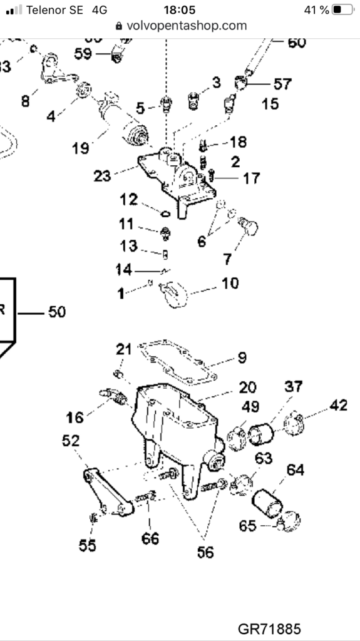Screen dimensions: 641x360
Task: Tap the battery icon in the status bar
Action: click(x=342, y=10)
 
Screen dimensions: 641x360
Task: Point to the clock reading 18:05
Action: click(x=180, y=10)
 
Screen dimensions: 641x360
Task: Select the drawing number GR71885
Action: click(x=269, y=628)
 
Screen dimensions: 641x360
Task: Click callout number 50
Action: click(x=56, y=311)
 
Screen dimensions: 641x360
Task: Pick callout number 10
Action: click(x=230, y=283)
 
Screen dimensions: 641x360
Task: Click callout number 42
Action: click(x=339, y=405)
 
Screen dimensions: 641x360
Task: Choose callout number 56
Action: click(x=205, y=552)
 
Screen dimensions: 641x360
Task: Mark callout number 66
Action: click(x=150, y=538)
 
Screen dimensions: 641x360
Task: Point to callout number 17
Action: click(x=251, y=178)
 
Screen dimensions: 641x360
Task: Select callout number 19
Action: click(x=81, y=148)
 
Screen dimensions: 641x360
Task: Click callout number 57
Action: click(x=282, y=83)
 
